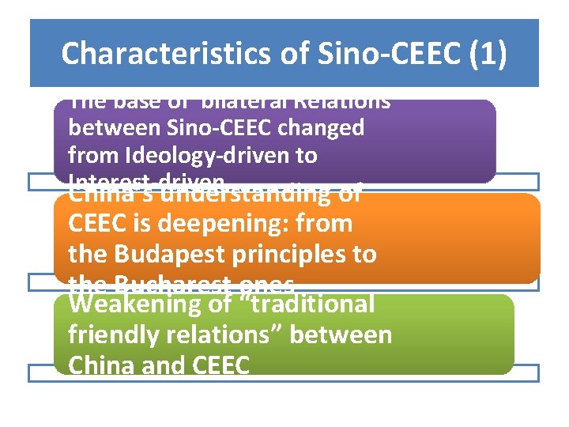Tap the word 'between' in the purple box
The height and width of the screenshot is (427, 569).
coord(113,127)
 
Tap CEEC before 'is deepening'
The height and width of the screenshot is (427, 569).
coord(101,224)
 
